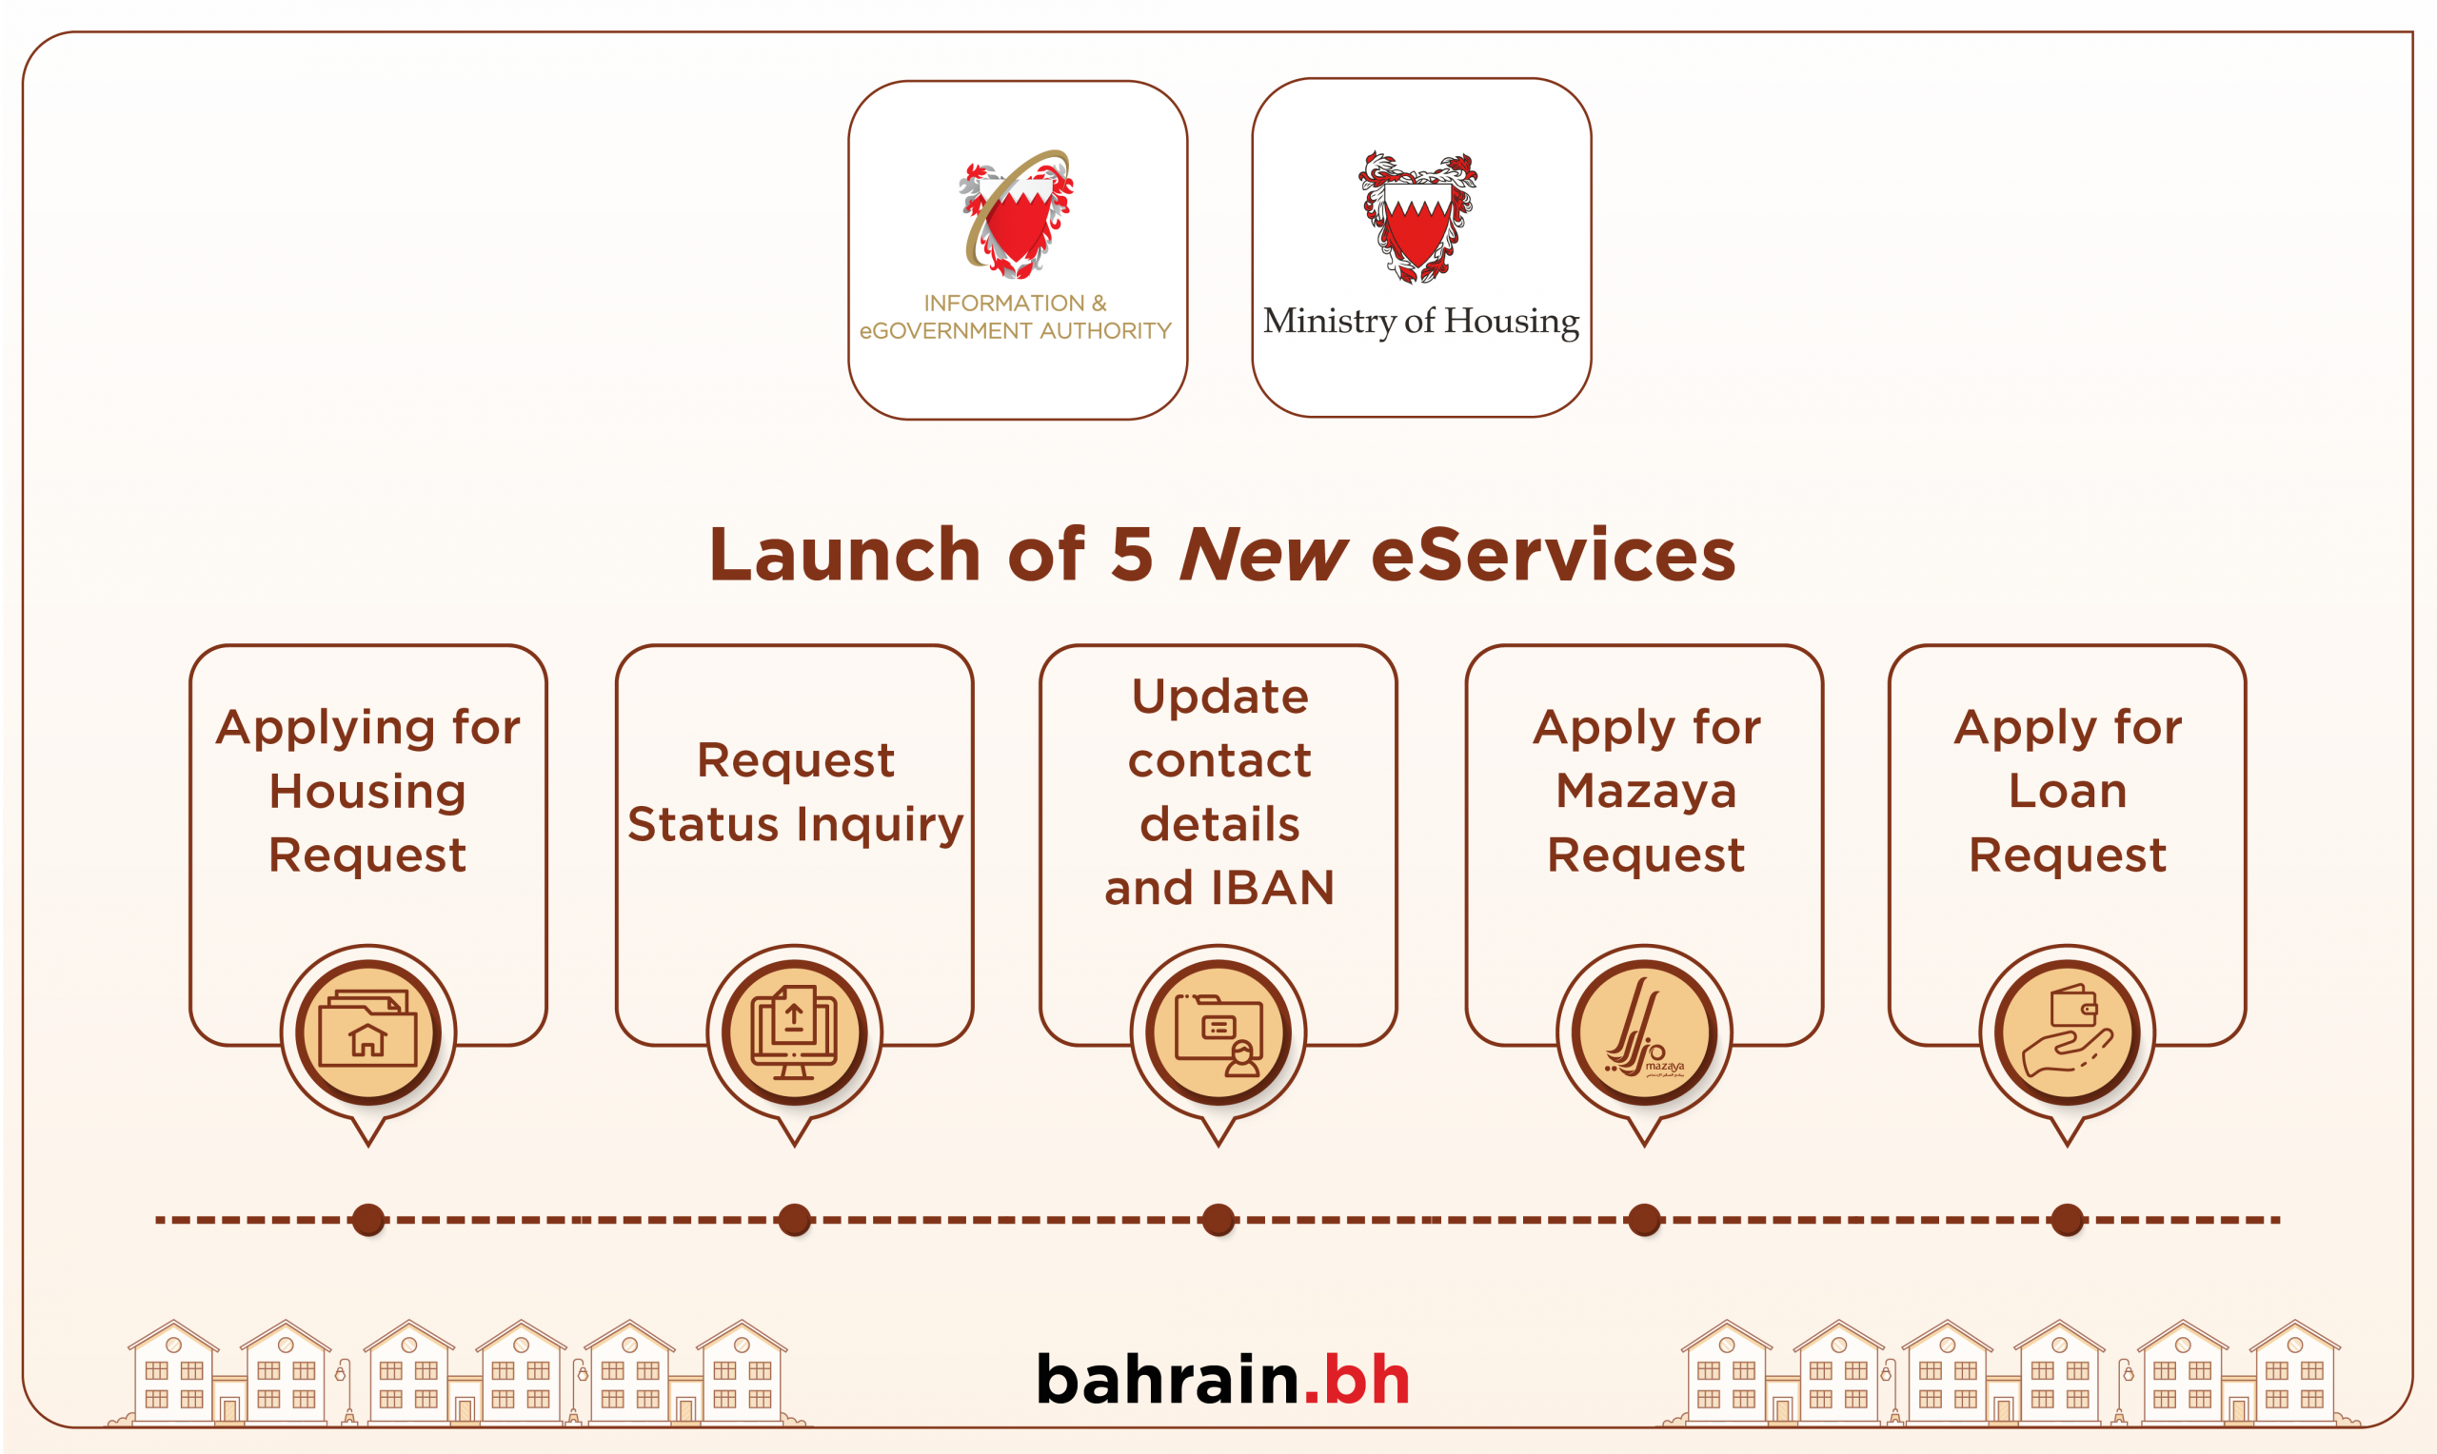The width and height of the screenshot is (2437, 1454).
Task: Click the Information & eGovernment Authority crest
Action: pos(1016,213)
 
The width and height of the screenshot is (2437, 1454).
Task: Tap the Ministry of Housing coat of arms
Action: pos(1417,218)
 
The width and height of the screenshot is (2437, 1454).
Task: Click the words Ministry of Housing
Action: pos(1421,322)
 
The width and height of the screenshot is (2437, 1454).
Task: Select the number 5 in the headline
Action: pos(1132,555)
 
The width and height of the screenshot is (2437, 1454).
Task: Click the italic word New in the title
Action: pos(1264,555)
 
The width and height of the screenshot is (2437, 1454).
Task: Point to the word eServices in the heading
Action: pos(1554,555)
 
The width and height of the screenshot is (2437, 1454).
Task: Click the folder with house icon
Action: pos(368,1032)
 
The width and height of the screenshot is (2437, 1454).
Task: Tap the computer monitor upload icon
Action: pos(795,1032)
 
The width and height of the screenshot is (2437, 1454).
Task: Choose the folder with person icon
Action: pos(1219,1032)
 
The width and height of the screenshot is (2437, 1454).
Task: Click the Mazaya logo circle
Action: pos(1644,1032)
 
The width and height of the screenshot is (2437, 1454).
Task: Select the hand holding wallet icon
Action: pos(2068,1032)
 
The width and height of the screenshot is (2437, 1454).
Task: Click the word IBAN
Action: pos(1273,888)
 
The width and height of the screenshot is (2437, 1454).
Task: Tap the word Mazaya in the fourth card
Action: pos(1646,792)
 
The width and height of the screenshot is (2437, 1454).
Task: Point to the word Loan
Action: pos(2068,791)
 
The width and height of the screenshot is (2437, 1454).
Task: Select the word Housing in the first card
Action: pos(368,792)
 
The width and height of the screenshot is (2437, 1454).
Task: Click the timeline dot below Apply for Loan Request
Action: pos(2068,1220)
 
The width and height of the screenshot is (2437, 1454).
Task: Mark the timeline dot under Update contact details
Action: pos(1218,1220)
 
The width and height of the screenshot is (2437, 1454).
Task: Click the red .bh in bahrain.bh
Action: pos(1357,1380)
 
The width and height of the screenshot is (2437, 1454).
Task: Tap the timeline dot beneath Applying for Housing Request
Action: pos(368,1220)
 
